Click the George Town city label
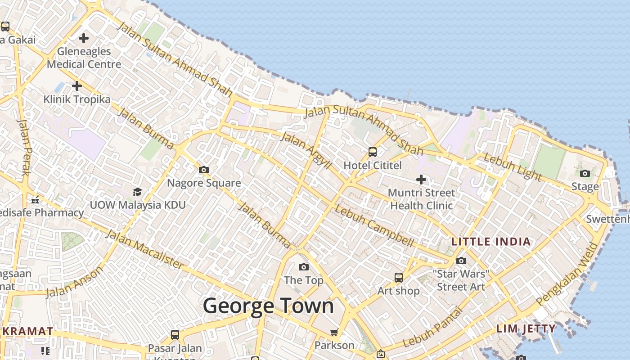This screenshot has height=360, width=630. pos(268,306)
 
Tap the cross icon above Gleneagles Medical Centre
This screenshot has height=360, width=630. pos(83,38)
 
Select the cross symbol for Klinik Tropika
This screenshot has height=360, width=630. pos(77,85)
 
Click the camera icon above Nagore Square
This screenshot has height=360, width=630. pos(204,170)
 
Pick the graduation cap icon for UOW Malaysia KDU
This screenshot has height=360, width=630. pos(137,192)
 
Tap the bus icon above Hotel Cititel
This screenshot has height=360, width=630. pos(373,152)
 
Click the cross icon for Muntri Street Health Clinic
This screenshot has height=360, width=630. pos(421,180)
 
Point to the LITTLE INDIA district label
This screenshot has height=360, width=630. pos(491,242)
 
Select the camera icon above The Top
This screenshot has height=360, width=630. pos(304,267)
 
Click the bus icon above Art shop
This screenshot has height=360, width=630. pos(398,277)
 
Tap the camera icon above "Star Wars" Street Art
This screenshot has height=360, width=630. pos(461,261)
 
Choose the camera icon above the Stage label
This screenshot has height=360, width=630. pos(585,173)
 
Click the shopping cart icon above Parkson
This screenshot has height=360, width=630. pos(334,332)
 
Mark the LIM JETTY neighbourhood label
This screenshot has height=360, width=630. pos(526,329)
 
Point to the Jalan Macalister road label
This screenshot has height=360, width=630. pos(144,249)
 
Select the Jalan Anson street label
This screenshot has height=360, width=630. pos(74,282)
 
